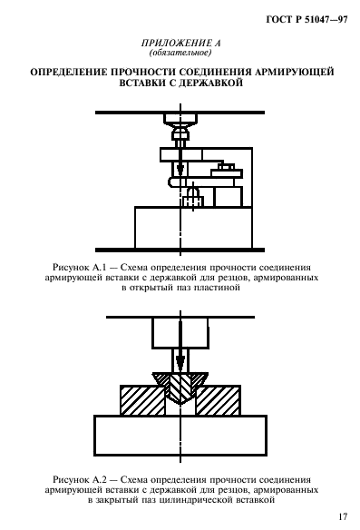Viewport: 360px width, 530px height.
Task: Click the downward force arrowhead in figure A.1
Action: click(x=180, y=173)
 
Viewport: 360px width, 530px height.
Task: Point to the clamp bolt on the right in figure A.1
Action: click(x=228, y=168)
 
